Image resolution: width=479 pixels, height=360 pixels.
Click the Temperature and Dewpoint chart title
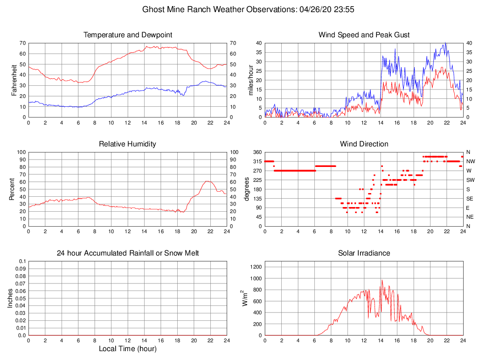[x=127, y=35]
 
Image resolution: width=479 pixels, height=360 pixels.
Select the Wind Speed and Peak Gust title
[x=364, y=35]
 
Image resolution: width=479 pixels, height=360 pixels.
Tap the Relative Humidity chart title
[x=127, y=144]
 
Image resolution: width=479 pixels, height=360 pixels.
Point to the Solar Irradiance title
[x=364, y=253]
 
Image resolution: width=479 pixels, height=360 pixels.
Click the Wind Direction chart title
[x=364, y=144]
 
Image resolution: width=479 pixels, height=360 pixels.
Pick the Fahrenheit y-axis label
[x=14, y=80]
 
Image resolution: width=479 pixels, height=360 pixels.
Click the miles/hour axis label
[x=250, y=80]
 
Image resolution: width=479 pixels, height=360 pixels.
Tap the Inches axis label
[x=10, y=298]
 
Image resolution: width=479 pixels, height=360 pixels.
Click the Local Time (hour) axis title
[x=127, y=349]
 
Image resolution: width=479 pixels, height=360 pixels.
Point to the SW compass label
[x=471, y=180]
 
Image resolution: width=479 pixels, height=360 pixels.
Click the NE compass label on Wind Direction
[x=470, y=217]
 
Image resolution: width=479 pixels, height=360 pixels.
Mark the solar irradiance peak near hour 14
[x=382, y=280]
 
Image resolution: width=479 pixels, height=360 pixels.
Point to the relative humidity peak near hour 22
[x=207, y=181]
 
